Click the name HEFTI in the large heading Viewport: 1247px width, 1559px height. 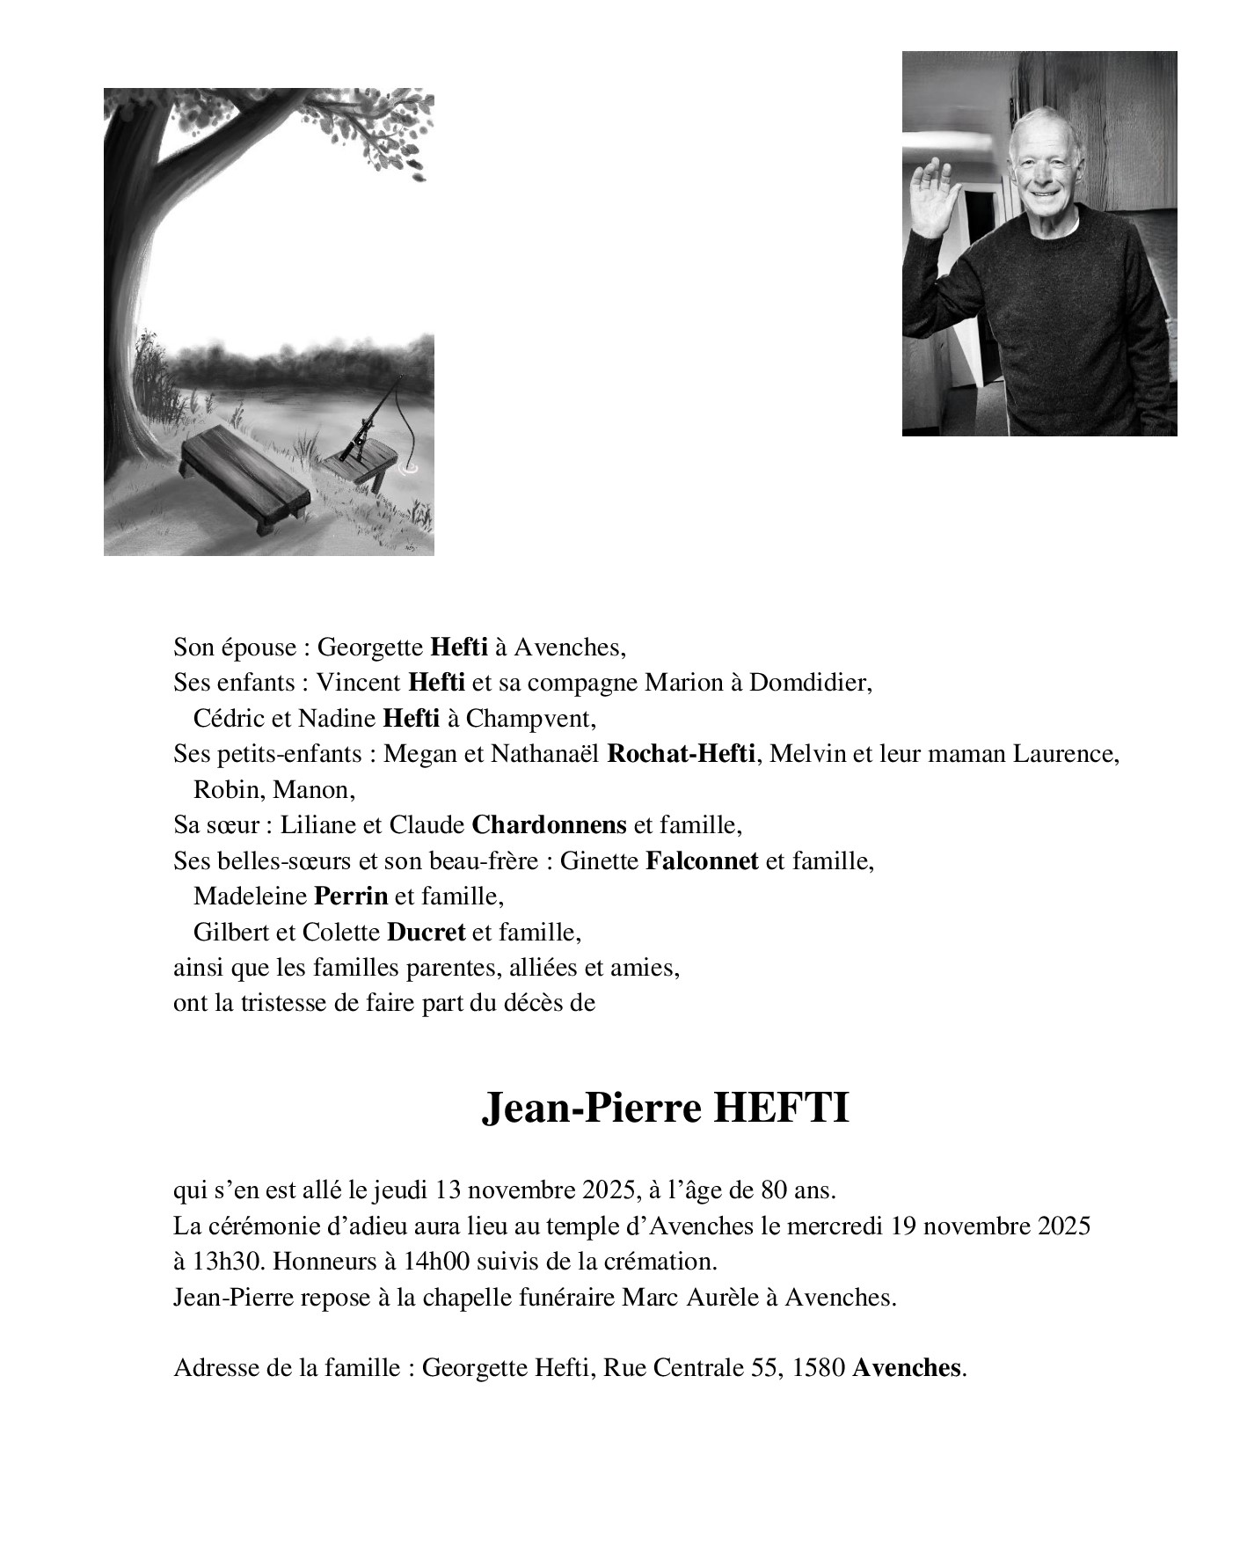pos(780,1109)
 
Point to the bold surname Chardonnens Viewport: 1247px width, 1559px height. pos(549,825)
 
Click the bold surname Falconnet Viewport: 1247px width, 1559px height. pos(701,860)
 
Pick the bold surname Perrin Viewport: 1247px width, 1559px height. pos(350,897)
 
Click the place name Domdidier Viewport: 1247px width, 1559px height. pos(809,683)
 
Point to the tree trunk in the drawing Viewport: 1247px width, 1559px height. pos(129,264)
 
